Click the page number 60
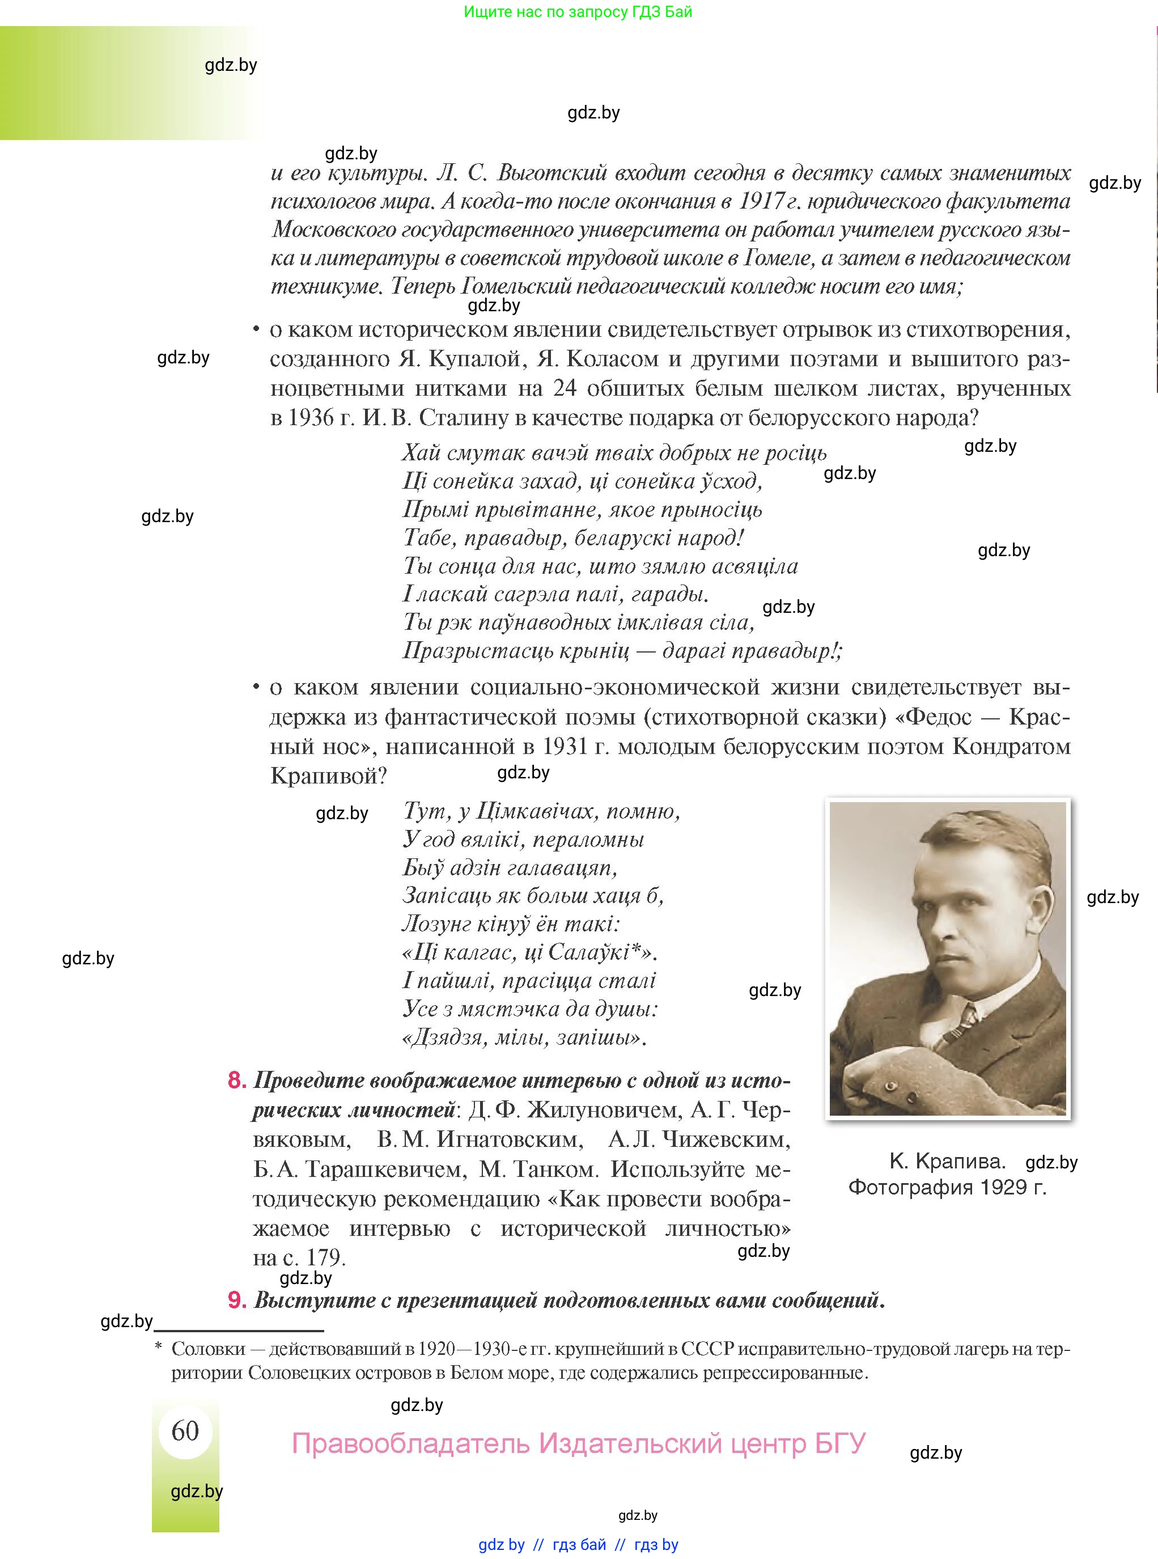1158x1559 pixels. coord(185,1430)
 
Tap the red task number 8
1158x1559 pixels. coord(237,1080)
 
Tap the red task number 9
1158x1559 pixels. coord(237,1300)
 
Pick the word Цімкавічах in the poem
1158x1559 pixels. coord(535,811)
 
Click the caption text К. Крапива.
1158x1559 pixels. coord(947,1162)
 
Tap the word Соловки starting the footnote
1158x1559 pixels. coord(208,1349)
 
